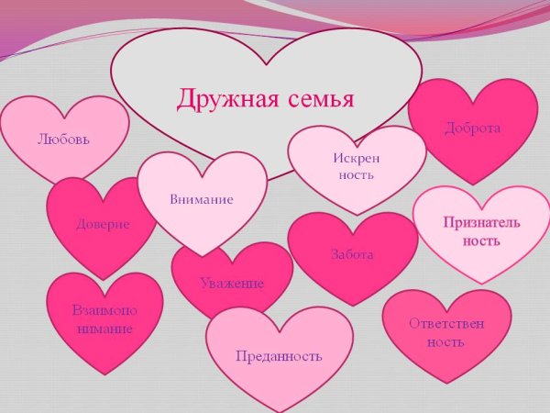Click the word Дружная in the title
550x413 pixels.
click(219, 98)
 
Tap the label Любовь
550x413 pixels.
click(64, 140)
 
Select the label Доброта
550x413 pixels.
click(472, 128)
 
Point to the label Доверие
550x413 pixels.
click(103, 223)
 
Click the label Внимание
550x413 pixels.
click(202, 198)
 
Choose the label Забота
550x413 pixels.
click(352, 254)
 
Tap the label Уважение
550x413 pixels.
click(232, 283)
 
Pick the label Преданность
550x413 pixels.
click(279, 355)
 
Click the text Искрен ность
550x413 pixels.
click(356, 166)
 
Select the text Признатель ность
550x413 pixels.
click(481, 231)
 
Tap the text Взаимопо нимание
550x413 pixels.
click(104, 318)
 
